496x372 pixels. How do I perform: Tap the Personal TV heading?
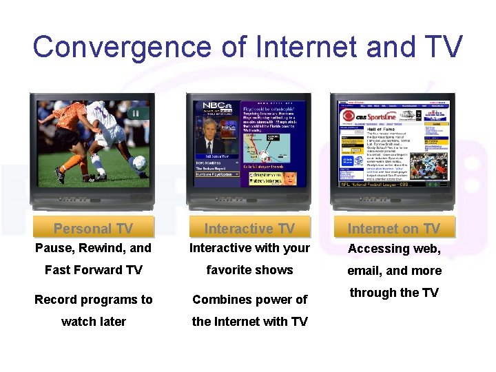[x=93, y=229]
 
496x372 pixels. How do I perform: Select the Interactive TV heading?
[x=249, y=229]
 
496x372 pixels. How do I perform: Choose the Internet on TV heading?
[x=393, y=229]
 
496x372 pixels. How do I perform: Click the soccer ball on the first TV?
[x=138, y=163]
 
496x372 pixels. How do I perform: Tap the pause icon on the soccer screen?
[x=136, y=113]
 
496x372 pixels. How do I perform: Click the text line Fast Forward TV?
[x=93, y=270]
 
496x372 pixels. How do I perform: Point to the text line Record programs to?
[x=93, y=300]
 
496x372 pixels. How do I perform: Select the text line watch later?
[x=93, y=322]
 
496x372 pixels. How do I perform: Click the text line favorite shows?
[x=249, y=270]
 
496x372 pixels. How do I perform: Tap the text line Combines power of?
[x=249, y=300]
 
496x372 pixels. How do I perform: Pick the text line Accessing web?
[x=393, y=249]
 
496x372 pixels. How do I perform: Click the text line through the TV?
[x=393, y=293]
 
